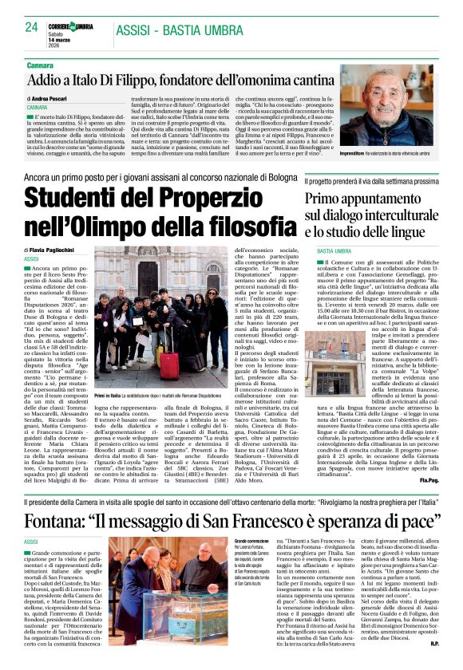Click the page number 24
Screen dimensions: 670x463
[31, 27]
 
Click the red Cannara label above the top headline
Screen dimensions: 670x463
[40, 64]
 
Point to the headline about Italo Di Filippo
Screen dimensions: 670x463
[168, 80]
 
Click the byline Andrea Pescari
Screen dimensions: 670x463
[52, 97]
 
